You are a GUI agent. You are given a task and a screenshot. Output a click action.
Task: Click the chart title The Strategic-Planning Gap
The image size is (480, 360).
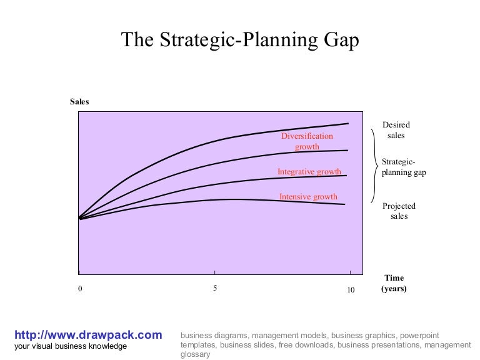click(x=240, y=41)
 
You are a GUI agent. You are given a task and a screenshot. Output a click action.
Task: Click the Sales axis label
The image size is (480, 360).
click(x=79, y=102)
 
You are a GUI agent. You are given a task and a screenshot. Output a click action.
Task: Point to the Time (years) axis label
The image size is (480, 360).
click(x=394, y=283)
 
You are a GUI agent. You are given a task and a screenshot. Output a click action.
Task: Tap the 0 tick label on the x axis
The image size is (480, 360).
click(x=79, y=289)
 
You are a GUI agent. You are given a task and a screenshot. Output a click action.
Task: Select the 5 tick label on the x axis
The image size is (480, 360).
click(x=215, y=289)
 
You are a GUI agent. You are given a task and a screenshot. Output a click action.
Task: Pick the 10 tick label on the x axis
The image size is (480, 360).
click(x=350, y=289)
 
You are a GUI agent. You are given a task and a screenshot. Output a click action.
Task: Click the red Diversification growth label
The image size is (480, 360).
click(x=307, y=141)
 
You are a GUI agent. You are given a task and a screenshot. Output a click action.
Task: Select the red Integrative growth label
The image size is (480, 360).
click(x=309, y=172)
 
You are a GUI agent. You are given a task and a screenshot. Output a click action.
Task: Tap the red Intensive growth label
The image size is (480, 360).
click(x=308, y=197)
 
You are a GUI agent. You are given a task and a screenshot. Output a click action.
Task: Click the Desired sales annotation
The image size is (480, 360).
click(x=396, y=130)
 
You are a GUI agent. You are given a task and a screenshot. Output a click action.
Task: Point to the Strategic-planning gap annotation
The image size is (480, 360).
click(x=403, y=167)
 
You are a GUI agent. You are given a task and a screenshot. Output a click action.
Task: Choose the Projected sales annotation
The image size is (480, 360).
click(x=399, y=211)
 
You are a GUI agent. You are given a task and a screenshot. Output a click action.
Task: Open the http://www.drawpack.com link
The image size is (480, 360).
click(x=87, y=335)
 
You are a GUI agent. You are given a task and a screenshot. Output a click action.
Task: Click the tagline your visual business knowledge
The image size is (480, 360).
click(x=71, y=347)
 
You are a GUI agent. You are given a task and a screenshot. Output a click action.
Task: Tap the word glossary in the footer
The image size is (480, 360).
click(x=196, y=354)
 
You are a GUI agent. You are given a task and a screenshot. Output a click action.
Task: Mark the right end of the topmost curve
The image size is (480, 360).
click(x=347, y=124)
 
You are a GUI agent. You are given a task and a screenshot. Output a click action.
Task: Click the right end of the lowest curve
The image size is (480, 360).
click(x=344, y=204)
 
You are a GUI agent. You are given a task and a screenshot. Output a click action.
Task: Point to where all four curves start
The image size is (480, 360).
click(x=79, y=218)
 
